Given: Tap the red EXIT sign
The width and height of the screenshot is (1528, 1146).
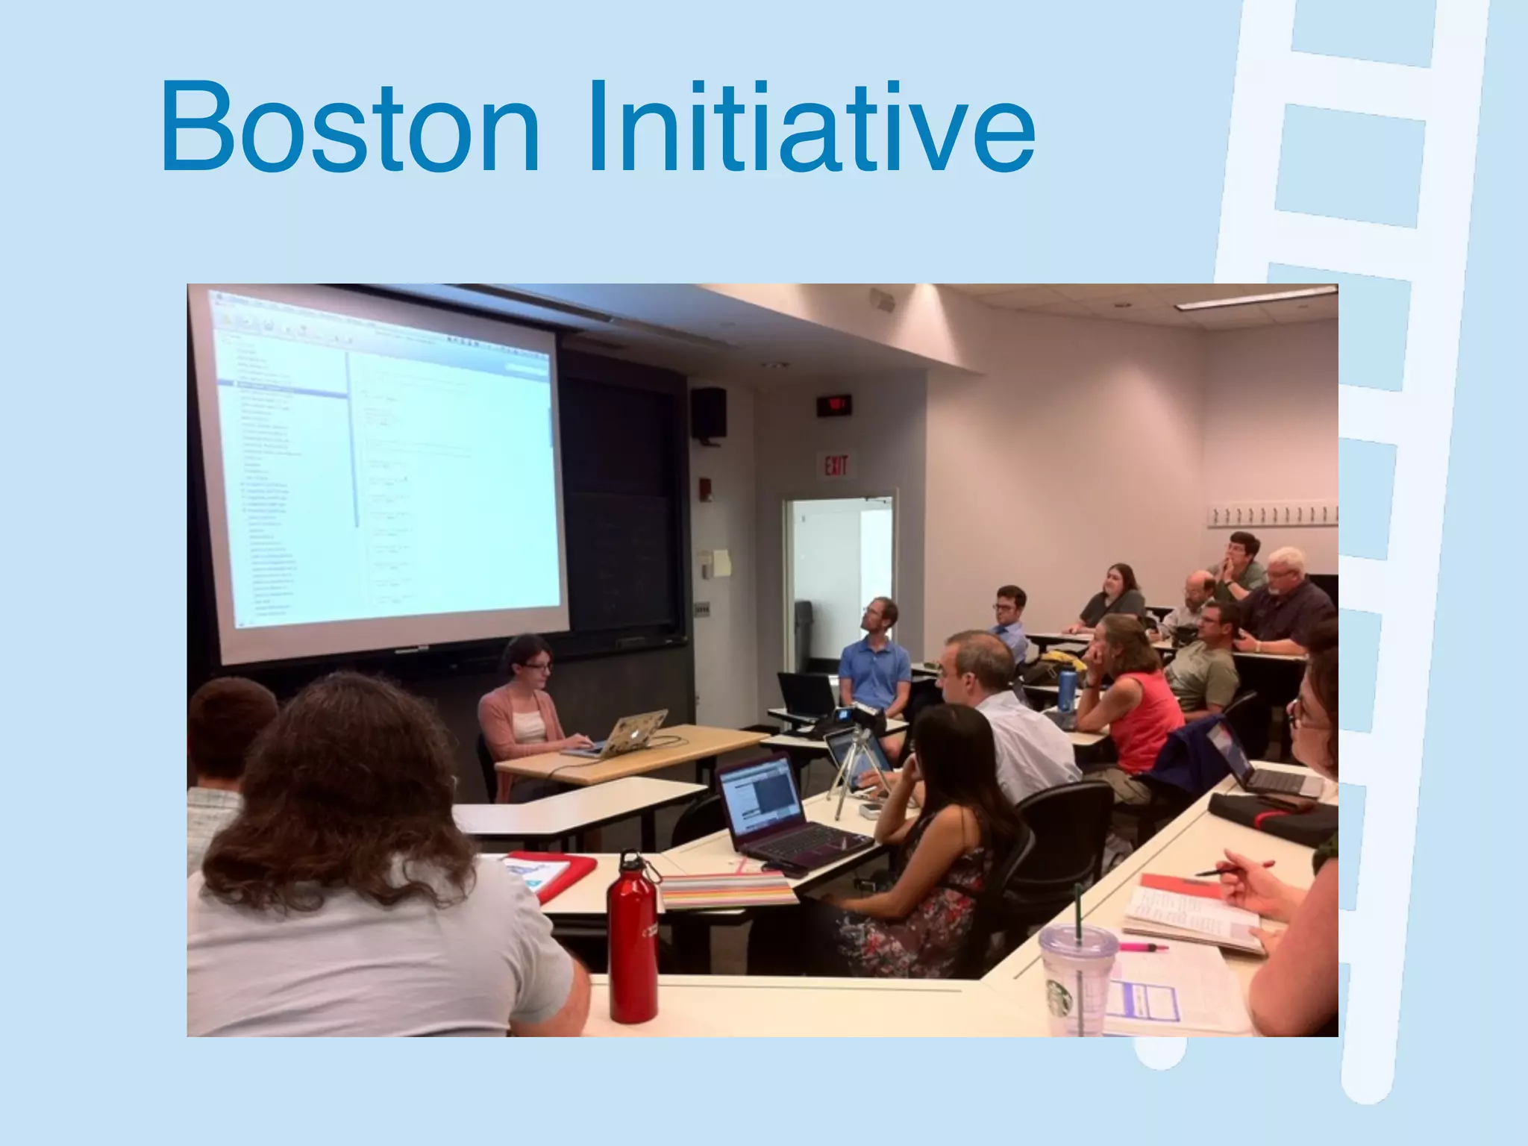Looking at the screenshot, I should click(x=836, y=466).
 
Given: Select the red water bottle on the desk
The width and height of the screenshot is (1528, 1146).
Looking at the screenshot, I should click(x=632, y=940).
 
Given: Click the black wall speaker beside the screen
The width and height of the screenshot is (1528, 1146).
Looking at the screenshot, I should click(x=708, y=415).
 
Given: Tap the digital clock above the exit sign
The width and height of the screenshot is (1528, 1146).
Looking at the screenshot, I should click(x=833, y=405).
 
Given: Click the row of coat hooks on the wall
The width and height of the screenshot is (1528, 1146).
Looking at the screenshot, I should click(x=1272, y=515).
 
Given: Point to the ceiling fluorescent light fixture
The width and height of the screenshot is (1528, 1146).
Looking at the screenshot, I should click(x=1253, y=298).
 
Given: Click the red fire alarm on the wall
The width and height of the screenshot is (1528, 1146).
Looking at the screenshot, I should click(x=705, y=488).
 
